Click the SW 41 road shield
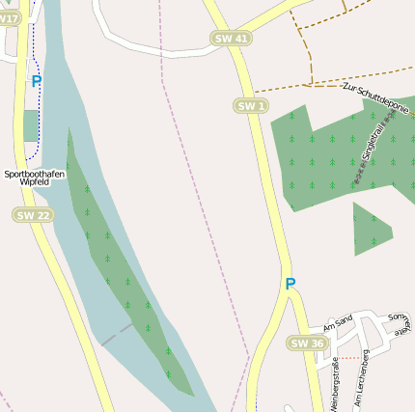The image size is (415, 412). click(230, 38)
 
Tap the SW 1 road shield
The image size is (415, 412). click(250, 105)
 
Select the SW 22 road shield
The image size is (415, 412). click(32, 215)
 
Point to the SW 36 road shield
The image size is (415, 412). click(307, 343)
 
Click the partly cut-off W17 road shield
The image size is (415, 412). click(9, 18)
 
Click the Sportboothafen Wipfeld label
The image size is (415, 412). click(35, 178)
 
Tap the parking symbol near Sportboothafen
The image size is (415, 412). click(37, 82)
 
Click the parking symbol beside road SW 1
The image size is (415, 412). click(290, 284)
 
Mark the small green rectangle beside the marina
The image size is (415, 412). click(31, 125)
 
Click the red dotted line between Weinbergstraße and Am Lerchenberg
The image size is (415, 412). click(349, 359)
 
